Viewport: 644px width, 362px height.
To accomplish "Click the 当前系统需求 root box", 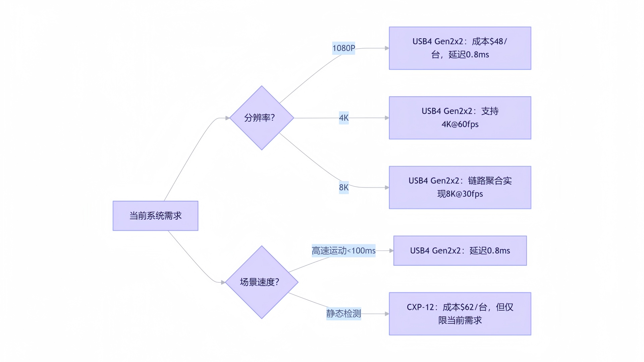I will coord(155,216).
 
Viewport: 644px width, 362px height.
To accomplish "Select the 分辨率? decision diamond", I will coord(262,118).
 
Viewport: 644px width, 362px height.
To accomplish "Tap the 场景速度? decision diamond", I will coord(262,282).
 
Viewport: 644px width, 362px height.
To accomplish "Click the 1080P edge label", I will coord(343,48).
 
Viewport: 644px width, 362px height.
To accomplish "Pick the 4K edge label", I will coord(344,118).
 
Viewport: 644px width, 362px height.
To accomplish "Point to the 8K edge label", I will coord(344,187).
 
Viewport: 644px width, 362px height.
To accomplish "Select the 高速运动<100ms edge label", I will coord(343,251).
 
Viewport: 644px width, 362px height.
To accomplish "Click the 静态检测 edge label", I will coord(343,314).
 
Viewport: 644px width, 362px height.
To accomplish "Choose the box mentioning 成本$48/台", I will coord(460,48).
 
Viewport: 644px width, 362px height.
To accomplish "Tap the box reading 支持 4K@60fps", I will coord(460,118).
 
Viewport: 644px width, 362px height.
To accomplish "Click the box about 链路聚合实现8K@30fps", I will coord(460,188).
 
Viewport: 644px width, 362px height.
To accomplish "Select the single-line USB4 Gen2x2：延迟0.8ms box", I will coord(460,251).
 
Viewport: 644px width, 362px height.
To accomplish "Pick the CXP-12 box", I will coord(460,314).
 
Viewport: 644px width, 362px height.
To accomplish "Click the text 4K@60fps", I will coord(460,124).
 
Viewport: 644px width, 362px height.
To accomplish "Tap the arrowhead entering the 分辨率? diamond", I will coord(227,118).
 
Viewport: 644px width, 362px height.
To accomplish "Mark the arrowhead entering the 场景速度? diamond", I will coord(223,283).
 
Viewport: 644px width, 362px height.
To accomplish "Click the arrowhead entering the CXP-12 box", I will coord(387,314).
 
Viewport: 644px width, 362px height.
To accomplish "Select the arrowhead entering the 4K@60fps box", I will coord(387,118).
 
